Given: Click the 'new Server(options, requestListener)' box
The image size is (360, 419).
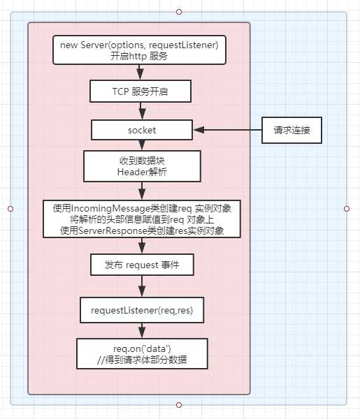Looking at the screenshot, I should (x=140, y=50).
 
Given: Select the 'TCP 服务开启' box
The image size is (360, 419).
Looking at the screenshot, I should (x=140, y=91).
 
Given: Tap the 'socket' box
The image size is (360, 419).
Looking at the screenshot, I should (x=143, y=130).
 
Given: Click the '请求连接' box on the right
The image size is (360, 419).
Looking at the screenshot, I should (x=291, y=130).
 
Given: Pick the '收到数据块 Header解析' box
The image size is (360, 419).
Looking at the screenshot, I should (x=142, y=166).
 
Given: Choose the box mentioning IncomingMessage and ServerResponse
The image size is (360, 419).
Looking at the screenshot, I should (x=142, y=219).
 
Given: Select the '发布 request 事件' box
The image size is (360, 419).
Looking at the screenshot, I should (x=142, y=265).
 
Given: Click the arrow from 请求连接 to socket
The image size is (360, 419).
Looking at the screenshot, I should (x=227, y=130).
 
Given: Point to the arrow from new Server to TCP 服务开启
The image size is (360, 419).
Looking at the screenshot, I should (x=141, y=72).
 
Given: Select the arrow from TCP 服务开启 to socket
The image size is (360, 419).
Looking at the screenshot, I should (x=141, y=111).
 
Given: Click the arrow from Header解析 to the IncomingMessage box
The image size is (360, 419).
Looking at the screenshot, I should (x=141, y=190).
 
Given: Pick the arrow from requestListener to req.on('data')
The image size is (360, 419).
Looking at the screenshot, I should (x=142, y=330).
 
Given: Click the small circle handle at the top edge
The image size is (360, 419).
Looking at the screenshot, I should (x=179, y=12).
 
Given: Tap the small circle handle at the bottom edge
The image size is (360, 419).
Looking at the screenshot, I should (x=179, y=405).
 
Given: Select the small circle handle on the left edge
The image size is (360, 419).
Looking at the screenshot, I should (x=10, y=208).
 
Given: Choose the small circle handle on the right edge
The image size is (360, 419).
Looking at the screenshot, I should (x=347, y=208).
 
